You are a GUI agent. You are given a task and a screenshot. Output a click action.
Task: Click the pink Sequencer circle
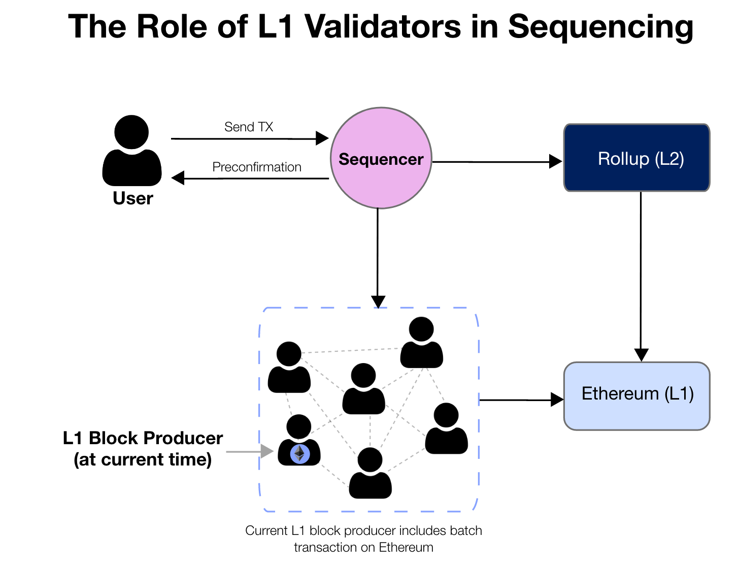click(381, 158)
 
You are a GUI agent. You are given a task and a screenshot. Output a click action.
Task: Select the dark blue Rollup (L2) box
click(636, 158)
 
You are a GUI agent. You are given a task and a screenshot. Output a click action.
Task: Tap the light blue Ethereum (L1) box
click(636, 396)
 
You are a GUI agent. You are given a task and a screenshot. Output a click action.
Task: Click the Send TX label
click(249, 127)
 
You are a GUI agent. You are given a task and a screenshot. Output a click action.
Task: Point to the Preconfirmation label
click(257, 167)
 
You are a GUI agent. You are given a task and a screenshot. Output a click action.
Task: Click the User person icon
click(132, 151)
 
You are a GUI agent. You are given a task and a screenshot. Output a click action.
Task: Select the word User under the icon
click(133, 198)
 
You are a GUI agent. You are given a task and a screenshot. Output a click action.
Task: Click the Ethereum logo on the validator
click(300, 454)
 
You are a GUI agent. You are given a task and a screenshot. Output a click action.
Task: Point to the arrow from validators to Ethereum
click(521, 400)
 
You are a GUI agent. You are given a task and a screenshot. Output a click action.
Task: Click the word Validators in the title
click(383, 26)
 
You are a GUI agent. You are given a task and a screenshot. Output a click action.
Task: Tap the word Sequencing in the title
click(600, 26)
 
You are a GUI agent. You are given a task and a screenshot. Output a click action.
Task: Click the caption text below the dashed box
click(363, 538)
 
